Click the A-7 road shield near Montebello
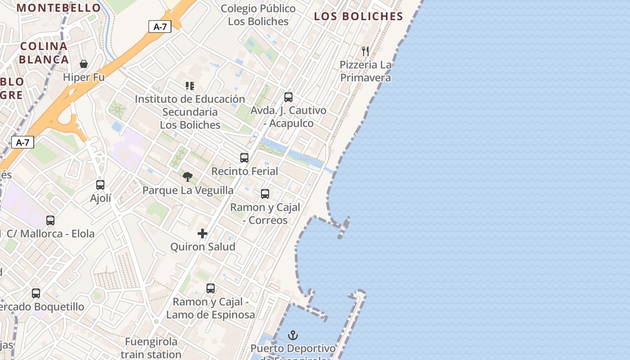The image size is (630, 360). click(160, 27)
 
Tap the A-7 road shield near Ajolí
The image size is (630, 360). click(22, 143)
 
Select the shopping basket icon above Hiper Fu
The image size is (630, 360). click(84, 64)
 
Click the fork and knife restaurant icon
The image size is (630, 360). click(365, 51)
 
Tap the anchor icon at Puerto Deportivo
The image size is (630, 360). click(293, 335)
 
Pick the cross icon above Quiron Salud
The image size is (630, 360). click(202, 234)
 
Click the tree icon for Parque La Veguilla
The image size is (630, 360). click(188, 177)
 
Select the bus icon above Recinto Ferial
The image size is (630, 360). click(244, 158)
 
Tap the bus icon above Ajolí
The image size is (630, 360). click(100, 185)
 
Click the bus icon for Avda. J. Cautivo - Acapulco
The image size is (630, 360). click(288, 97)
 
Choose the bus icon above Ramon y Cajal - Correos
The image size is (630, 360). click(265, 194)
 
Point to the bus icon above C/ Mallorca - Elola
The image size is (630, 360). click(50, 220)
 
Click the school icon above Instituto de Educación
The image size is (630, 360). click(190, 85)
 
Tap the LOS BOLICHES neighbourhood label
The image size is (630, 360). click(358, 17)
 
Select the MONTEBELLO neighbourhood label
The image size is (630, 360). click(59, 8)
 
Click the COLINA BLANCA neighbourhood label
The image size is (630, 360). click(44, 53)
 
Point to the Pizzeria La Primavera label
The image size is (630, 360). click(365, 71)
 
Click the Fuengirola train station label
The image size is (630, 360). click(151, 348)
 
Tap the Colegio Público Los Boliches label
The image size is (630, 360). click(258, 15)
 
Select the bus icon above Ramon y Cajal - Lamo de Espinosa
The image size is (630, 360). click(211, 288)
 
